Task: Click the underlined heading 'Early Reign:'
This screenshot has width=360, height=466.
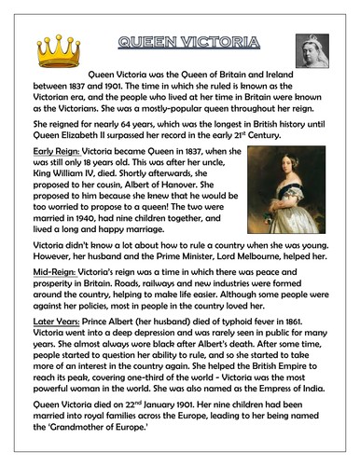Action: point(50,149)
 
